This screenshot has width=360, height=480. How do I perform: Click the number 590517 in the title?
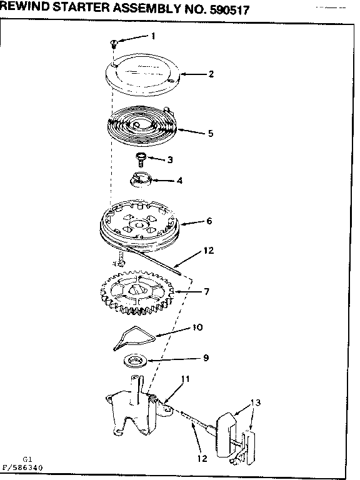[x=229, y=10]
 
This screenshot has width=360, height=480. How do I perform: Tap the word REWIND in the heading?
[x=25, y=7]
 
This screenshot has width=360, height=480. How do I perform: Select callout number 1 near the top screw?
[x=153, y=36]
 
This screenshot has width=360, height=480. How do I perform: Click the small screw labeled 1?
[x=114, y=44]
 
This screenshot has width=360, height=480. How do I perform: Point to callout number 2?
[x=211, y=74]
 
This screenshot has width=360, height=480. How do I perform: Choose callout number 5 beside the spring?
[x=211, y=133]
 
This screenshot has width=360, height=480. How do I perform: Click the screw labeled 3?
[x=141, y=159]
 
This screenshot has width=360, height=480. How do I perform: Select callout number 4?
[x=180, y=181]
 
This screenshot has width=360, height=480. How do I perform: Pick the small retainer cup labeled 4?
[x=141, y=179]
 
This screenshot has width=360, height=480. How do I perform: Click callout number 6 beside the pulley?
[x=209, y=221]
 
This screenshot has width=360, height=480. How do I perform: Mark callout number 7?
[x=207, y=291]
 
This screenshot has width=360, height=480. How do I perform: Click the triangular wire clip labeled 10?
[x=134, y=337]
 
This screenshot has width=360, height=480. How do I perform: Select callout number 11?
[x=185, y=379]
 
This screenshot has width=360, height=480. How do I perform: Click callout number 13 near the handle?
[x=255, y=402]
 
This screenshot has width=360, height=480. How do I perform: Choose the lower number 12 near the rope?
[x=202, y=458]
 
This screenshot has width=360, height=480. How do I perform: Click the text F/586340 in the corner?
[x=22, y=467]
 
